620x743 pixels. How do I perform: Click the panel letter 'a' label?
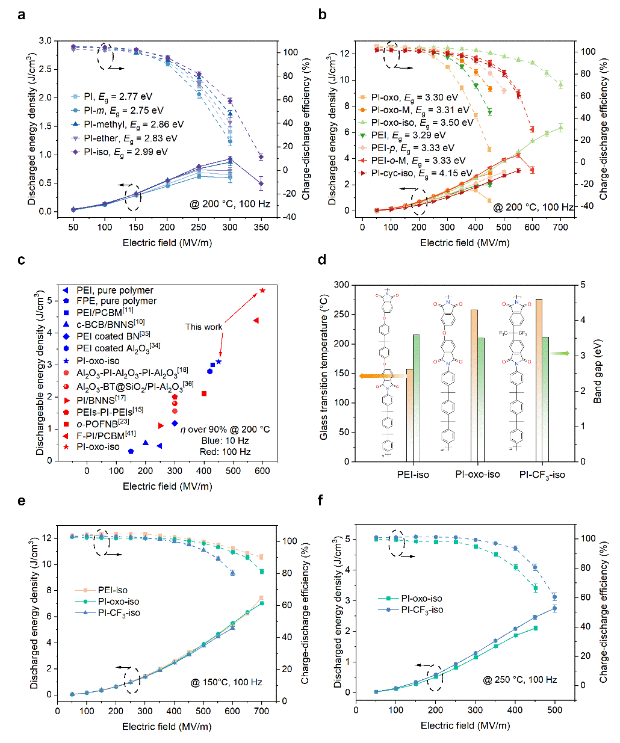click(x=22, y=14)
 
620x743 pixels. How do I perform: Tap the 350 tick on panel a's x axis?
click(x=261, y=227)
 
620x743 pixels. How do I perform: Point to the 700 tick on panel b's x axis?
click(x=560, y=227)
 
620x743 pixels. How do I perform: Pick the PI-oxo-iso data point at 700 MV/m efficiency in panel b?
click(x=560, y=84)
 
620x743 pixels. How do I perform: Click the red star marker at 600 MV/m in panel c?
click(x=262, y=291)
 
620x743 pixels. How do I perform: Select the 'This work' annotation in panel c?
click(x=203, y=327)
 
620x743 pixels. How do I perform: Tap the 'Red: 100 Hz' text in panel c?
click(x=226, y=451)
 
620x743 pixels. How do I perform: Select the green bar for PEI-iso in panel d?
click(x=416, y=398)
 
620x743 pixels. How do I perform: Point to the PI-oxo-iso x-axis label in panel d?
click(x=477, y=475)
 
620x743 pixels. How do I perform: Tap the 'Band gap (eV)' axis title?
click(x=598, y=373)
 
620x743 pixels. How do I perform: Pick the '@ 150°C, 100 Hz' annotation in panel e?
click(x=226, y=682)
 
